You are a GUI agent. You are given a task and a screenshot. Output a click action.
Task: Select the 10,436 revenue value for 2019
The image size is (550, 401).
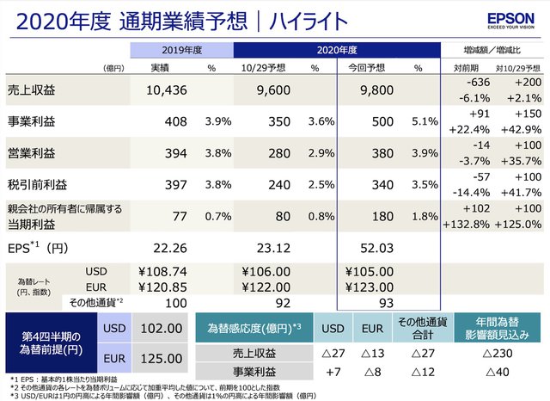click(161, 89)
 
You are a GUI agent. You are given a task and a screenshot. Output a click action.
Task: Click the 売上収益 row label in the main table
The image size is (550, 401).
click(31, 89)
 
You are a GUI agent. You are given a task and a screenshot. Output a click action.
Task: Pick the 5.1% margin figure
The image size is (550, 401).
click(425, 121)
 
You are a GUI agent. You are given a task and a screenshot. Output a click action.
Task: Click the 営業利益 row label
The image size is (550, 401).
click(31, 153)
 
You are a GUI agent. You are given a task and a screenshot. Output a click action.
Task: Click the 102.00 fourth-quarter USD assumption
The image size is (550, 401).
click(161, 328)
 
